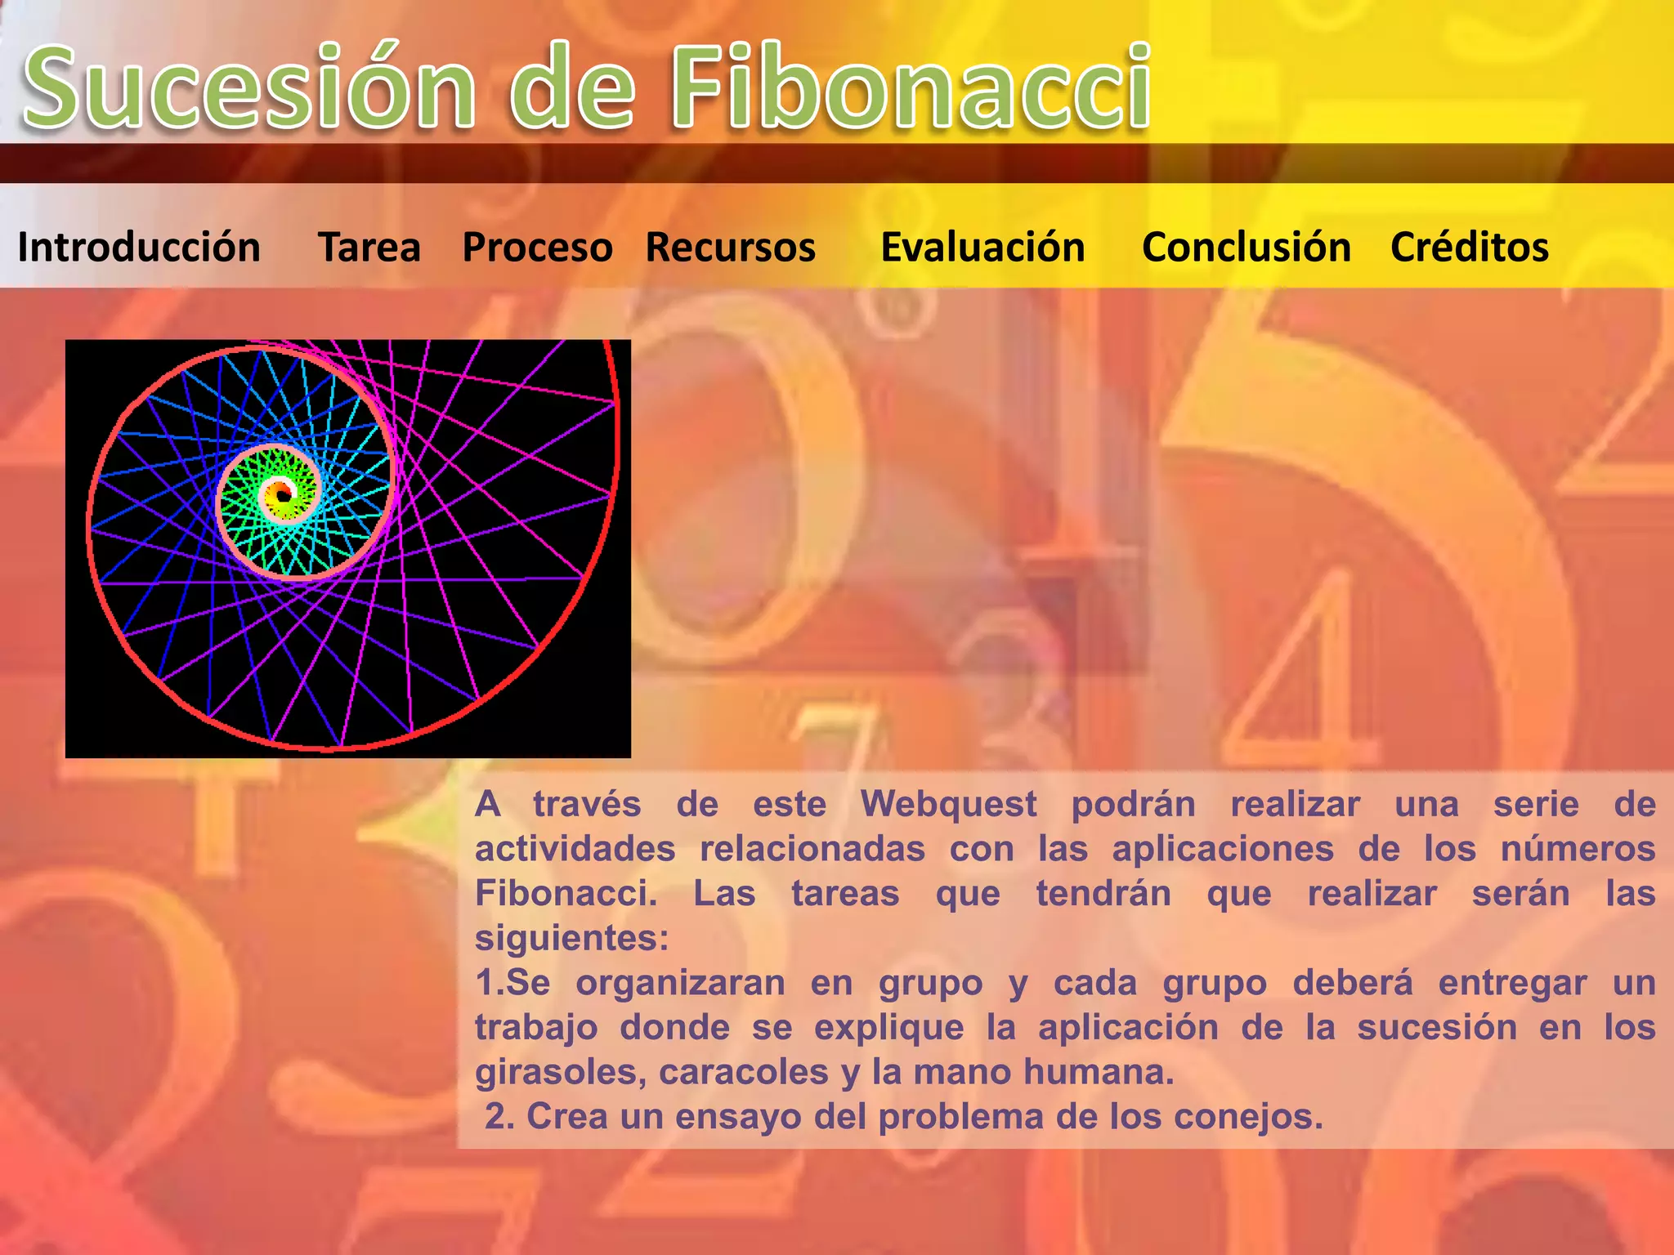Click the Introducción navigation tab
139,247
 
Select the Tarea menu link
369,247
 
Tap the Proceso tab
537,247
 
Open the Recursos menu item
730,247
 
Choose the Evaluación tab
982,247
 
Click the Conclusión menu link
1247,247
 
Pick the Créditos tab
1469,247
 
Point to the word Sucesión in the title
249,88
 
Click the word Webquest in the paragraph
948,804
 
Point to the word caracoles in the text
744,1072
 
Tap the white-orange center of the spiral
280,493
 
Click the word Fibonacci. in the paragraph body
566,893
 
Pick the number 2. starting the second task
499,1117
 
